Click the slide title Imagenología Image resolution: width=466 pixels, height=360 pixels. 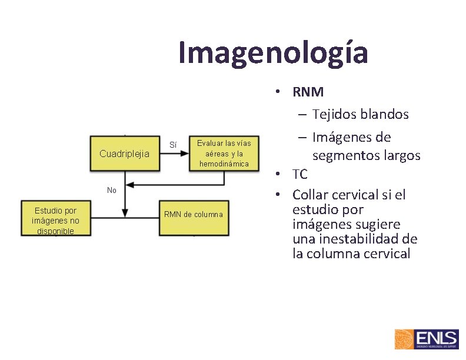(x=273, y=52)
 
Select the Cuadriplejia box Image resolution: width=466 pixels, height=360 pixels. (x=124, y=154)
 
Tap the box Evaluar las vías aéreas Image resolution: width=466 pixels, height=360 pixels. (x=224, y=154)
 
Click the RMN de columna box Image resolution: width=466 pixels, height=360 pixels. (x=193, y=214)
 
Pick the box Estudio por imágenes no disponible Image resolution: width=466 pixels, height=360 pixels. (x=55, y=220)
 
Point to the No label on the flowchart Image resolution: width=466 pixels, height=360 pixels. (x=112, y=190)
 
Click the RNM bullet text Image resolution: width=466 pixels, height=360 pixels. (x=308, y=92)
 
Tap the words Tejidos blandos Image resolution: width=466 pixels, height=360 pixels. (x=360, y=114)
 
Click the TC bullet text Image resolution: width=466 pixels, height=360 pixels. (x=299, y=175)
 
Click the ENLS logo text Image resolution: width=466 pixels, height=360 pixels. (x=436, y=338)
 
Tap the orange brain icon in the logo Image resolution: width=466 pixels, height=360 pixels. (x=404, y=339)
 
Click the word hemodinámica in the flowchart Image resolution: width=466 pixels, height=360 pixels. (x=224, y=164)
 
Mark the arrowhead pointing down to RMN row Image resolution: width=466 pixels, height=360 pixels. (x=125, y=212)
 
